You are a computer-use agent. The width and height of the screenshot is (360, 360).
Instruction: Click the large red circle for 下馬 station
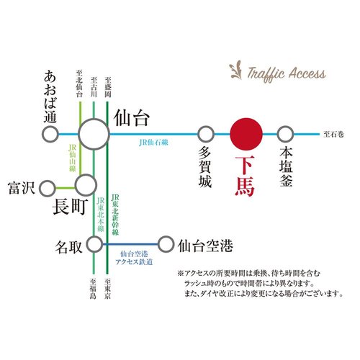[246, 134]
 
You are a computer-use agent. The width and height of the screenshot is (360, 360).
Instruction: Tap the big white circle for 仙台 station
[94, 134]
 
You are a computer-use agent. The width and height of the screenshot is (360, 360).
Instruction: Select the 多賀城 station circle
[206, 134]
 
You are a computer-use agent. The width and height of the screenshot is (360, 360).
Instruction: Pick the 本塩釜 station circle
[286, 134]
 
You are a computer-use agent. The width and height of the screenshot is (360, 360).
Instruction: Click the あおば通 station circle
[50, 134]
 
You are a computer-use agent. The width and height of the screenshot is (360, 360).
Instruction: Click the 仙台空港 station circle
[166, 245]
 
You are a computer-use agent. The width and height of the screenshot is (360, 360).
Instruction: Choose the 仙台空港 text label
[205, 246]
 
